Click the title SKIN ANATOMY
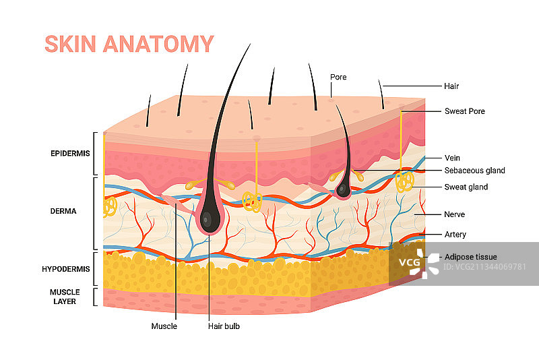point(129,44)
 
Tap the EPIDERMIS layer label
point(70,154)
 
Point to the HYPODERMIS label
point(66,269)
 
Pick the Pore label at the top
point(338,77)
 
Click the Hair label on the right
point(451,86)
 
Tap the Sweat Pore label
point(464,111)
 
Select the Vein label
point(452,158)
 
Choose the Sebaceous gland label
point(474,171)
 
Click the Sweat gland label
point(466,187)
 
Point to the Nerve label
point(455,214)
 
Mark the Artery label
point(455,235)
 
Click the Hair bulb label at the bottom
point(224,326)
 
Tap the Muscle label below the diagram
point(164,326)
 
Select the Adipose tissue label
point(470,257)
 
